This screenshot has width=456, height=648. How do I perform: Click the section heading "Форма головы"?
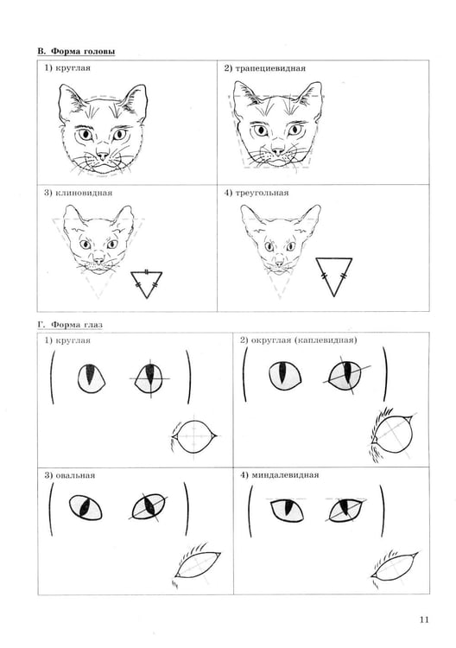83,52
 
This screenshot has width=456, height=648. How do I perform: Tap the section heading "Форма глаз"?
77,325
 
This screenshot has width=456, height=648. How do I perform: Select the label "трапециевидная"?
270,68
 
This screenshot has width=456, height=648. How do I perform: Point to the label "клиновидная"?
84,193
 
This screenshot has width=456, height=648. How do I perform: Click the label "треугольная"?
262,193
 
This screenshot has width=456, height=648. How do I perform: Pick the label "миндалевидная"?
285,475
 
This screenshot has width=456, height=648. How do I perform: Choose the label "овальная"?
75,475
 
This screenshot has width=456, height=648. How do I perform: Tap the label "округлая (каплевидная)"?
304,340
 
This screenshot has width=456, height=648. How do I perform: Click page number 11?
424,619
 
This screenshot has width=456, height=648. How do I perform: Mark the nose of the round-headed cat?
102,156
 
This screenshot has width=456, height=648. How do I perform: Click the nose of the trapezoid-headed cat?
278,151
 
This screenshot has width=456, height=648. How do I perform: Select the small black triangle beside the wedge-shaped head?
146,284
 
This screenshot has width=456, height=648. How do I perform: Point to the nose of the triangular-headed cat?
280,263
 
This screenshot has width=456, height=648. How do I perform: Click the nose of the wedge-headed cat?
98,259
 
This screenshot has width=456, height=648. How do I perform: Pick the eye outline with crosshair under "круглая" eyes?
194,436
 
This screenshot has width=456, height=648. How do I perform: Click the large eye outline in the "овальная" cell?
198,564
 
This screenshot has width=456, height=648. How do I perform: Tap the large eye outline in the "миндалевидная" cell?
395,564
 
